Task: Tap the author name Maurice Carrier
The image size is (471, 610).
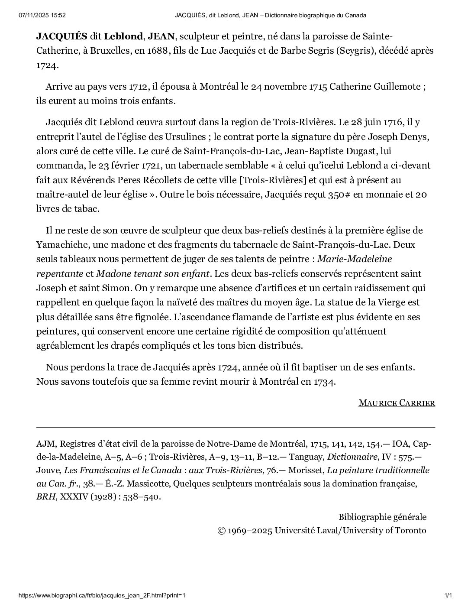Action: pos(397,403)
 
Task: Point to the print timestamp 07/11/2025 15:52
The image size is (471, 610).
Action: pos(42,16)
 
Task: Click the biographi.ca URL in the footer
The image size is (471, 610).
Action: pos(102,595)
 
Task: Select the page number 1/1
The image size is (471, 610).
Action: pos(448,595)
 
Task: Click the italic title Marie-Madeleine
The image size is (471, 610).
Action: pos(355,259)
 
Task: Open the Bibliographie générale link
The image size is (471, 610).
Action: pos(382,517)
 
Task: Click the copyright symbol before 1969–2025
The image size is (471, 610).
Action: pos(221,530)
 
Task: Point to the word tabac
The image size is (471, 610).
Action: pos(86,209)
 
